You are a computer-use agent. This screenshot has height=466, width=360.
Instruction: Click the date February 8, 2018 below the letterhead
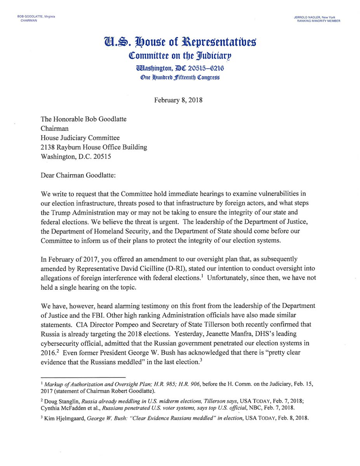(178, 100)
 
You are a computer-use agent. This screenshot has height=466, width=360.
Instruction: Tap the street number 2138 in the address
(48, 147)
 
